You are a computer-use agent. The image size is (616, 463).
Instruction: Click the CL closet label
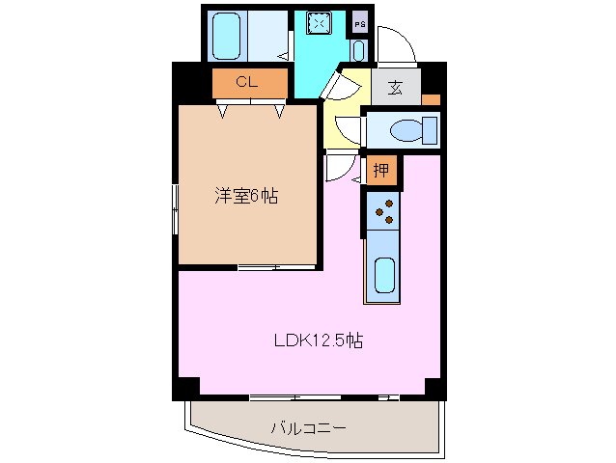246,83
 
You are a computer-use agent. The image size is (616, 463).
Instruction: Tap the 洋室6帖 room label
246,196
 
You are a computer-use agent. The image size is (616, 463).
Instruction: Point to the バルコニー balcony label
308,425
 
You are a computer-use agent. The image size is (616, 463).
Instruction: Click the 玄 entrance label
396,88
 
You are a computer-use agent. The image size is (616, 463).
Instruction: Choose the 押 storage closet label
382,172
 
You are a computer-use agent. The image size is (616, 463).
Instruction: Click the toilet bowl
409,128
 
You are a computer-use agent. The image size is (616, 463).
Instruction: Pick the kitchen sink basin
384,275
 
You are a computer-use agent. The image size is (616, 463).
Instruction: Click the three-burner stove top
384,209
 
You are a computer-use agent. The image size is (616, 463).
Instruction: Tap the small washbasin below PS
359,50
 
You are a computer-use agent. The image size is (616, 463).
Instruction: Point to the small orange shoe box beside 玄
431,99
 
